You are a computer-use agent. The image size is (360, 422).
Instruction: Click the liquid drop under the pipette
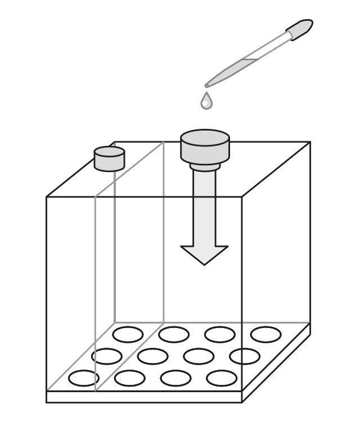tap(206, 102)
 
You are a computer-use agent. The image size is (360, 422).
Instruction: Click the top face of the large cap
tap(205, 138)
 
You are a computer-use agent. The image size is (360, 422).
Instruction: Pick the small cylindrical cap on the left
tap(109, 159)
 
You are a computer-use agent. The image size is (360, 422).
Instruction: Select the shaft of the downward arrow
tap(204, 208)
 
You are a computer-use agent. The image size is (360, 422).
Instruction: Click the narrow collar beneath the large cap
tap(205, 166)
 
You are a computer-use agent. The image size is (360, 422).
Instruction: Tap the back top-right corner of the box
tap(310, 142)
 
